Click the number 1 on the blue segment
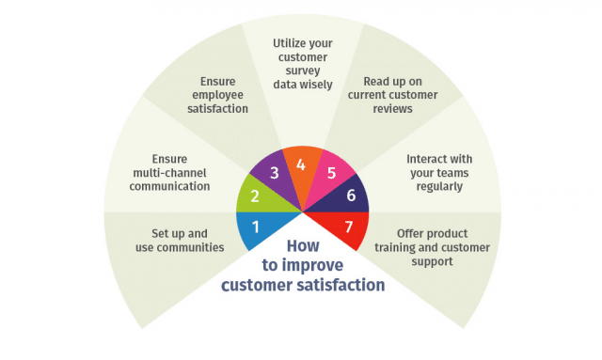pyautogui.click(x=254, y=227)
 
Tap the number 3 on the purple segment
pyautogui.click(x=274, y=173)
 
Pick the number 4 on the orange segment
pyautogui.click(x=301, y=164)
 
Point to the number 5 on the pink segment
pyautogui.click(x=329, y=173)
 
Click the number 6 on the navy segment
pyautogui.click(x=351, y=196)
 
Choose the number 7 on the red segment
pyautogui.click(x=349, y=227)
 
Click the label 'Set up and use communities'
pyautogui.click(x=187, y=240)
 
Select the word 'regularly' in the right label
pyautogui.click(x=434, y=186)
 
